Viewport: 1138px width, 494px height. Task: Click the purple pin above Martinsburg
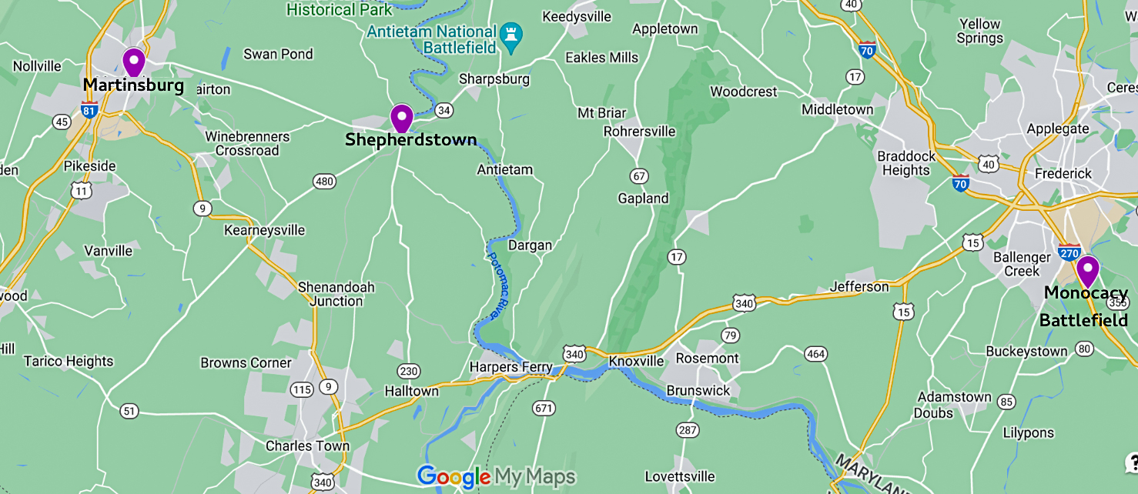pos(134,60)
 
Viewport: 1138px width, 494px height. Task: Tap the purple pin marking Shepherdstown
pos(401,117)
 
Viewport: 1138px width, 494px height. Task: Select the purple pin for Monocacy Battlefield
pos(1086,270)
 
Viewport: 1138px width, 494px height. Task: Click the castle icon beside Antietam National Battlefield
pos(511,34)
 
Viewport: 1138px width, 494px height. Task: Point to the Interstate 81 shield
pos(89,110)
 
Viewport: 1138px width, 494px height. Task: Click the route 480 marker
pos(324,182)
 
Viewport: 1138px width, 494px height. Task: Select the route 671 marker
pos(544,408)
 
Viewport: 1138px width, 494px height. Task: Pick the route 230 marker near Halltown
pos(409,372)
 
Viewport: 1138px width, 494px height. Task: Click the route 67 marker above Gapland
pos(638,176)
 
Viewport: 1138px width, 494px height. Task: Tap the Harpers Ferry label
pos(511,367)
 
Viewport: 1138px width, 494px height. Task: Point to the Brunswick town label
pos(698,390)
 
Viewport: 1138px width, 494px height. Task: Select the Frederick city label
pos(1063,174)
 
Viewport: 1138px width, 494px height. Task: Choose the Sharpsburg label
pos(494,78)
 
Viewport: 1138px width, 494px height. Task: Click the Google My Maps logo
pos(496,477)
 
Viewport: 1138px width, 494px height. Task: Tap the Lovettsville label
pos(680,476)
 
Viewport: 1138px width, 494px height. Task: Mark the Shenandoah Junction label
pos(336,294)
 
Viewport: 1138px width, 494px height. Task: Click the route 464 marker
pos(815,354)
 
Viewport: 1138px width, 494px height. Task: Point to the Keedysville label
pos(577,16)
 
